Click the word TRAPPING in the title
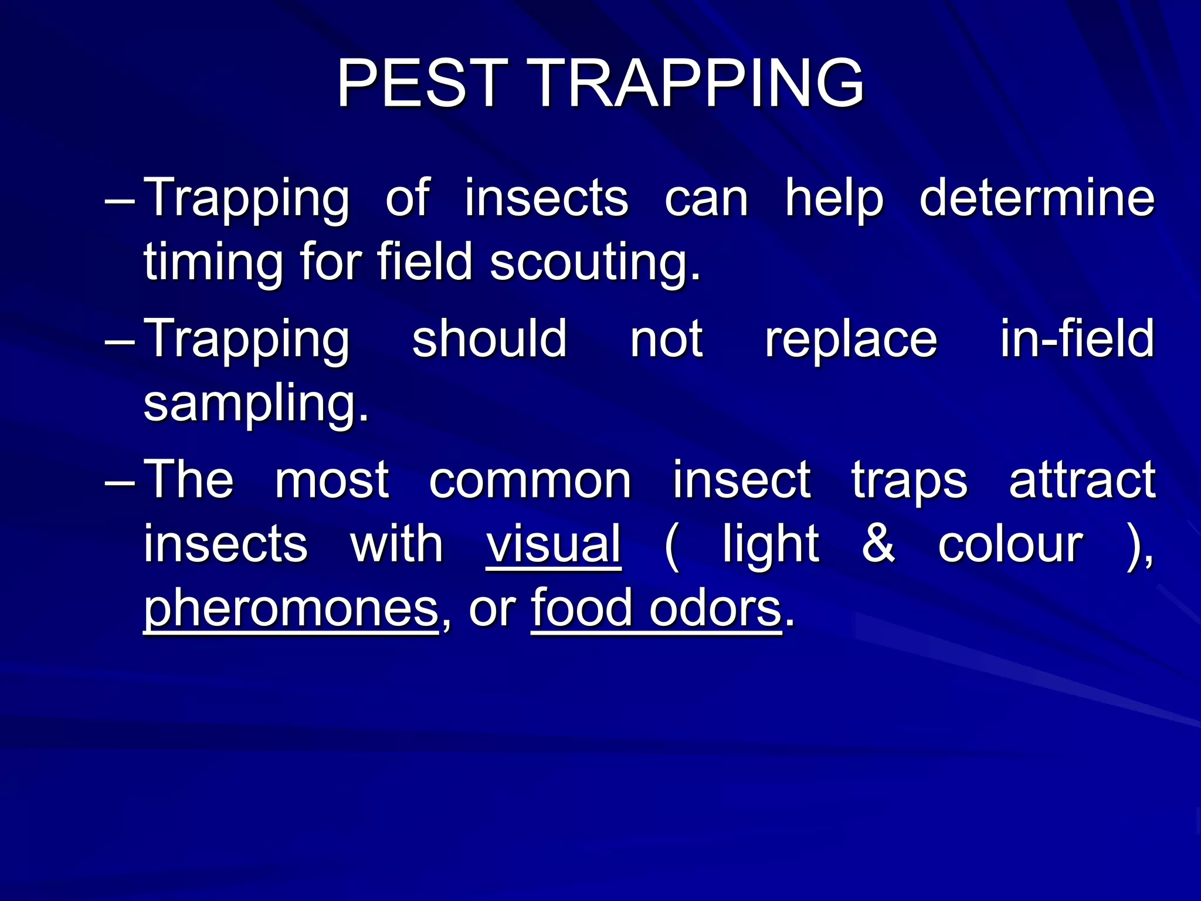698,83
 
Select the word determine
1037,198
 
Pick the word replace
851,340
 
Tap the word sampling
256,405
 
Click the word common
530,480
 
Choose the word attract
1082,480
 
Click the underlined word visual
554,544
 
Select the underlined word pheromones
291,609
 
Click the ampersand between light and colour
878,544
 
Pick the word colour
1010,545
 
